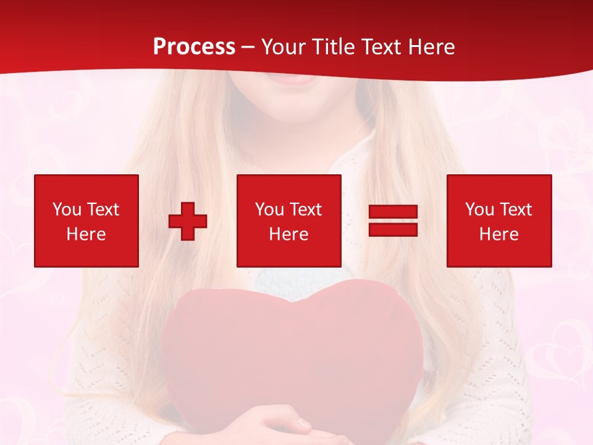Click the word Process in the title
(x=194, y=47)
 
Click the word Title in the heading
(x=332, y=47)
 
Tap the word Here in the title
(x=431, y=47)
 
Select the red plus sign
(x=188, y=221)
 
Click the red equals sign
(x=393, y=221)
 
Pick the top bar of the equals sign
(x=393, y=213)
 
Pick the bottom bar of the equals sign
(x=393, y=229)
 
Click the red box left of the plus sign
(x=86, y=221)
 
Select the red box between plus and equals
(x=289, y=221)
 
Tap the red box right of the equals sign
(x=499, y=221)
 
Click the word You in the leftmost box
(x=67, y=210)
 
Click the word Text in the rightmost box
(x=515, y=210)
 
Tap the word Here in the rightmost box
(x=499, y=234)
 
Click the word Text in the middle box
(x=305, y=210)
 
